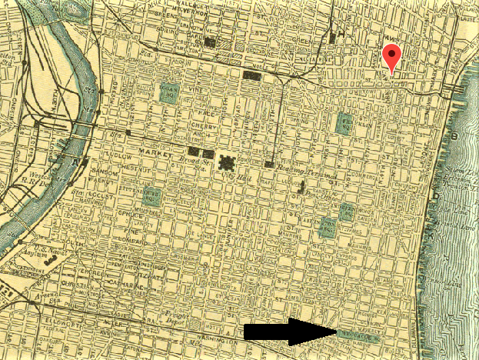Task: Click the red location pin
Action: click(x=392, y=56)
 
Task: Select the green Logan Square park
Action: click(x=170, y=93)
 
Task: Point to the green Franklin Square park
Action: click(x=344, y=123)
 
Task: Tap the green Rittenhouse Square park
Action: click(x=152, y=195)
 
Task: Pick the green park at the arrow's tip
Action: click(x=358, y=335)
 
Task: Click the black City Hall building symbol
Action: click(x=228, y=163)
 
